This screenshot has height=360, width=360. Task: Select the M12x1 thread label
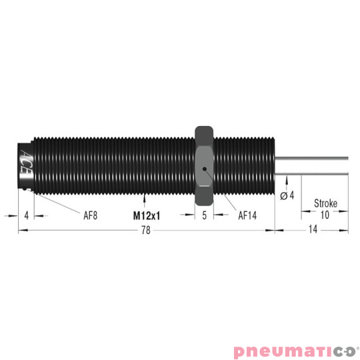[146, 215]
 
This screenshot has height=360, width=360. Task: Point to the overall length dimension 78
[146, 231]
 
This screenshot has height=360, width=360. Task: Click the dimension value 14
[312, 231]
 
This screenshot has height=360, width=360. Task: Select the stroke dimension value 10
[325, 215]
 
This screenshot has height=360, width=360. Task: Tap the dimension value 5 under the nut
[204, 215]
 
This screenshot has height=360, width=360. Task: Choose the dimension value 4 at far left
[25, 215]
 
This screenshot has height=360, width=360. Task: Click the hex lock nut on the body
[203, 164]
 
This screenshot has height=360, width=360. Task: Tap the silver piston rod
[313, 164]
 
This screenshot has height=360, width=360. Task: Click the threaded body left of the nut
[113, 164]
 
